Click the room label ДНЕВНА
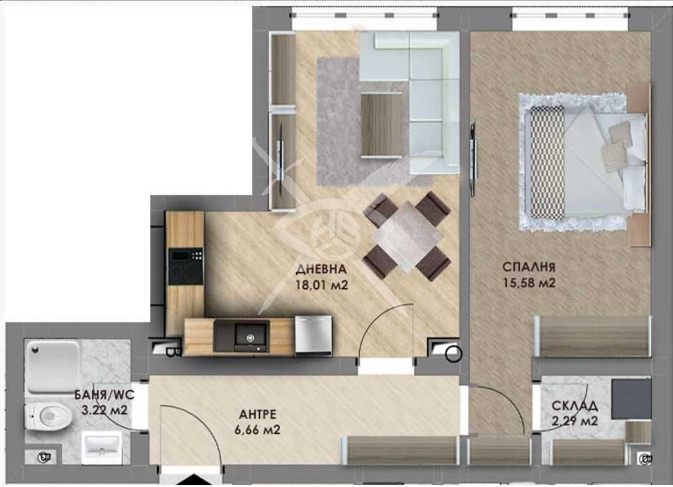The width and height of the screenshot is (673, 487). [x=320, y=270]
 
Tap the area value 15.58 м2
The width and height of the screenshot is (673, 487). [x=528, y=283]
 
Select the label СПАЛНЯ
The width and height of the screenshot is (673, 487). [x=528, y=268]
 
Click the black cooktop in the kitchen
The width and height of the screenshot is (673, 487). [x=186, y=266]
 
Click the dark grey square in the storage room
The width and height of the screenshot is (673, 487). [x=629, y=399]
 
